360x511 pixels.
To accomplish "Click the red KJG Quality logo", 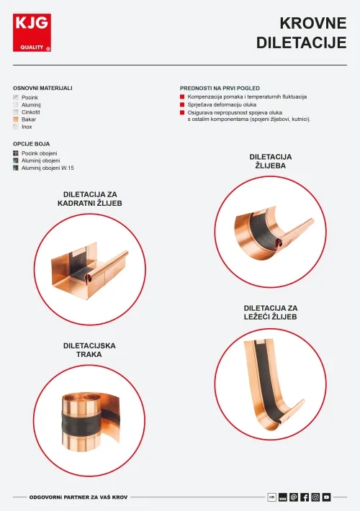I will tap(32, 33).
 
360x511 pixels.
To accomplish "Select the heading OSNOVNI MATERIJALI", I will tap(42, 88).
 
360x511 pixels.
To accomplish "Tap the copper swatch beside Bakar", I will tap(15, 119).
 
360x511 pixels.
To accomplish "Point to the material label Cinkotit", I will tap(31, 112).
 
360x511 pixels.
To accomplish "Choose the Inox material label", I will tap(27, 127).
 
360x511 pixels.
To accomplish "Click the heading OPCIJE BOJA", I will tap(32, 144).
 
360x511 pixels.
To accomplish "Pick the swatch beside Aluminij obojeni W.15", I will tap(15, 168).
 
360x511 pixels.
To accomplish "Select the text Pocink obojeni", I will tap(40, 153).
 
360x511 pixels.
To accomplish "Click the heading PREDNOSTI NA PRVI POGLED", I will tap(220, 88).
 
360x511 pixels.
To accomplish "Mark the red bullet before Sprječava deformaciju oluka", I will tap(182, 104).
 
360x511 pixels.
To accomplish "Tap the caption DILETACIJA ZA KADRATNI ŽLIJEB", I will tap(90, 199).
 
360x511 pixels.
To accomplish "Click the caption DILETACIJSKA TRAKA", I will tap(89, 351).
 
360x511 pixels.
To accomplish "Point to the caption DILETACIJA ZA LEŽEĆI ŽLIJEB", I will tap(271, 312).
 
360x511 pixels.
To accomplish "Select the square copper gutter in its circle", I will tap(90, 266).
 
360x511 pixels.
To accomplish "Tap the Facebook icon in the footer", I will tap(305, 497).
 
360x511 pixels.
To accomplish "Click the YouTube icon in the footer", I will tap(326, 497).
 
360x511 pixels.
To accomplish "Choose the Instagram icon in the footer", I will tap(315, 497).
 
